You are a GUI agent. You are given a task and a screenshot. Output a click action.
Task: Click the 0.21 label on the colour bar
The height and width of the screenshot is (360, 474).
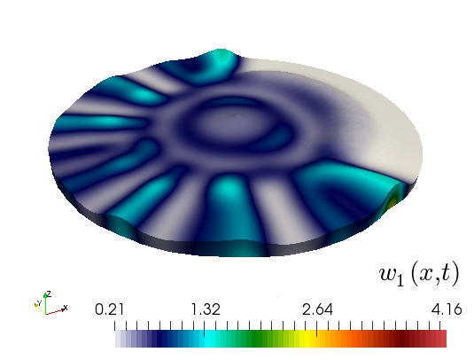tap(109, 309)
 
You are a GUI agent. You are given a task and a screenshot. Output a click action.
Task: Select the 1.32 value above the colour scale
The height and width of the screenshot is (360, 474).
tap(206, 309)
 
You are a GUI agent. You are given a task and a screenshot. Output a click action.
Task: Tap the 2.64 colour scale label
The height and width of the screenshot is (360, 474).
tap(317, 309)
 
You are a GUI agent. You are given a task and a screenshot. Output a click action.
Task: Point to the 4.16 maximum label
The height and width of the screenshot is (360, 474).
tap(447, 309)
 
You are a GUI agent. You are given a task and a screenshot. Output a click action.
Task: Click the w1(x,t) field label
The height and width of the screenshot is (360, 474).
tap(419, 274)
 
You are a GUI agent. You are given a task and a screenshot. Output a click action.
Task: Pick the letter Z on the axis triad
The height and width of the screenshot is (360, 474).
tap(49, 293)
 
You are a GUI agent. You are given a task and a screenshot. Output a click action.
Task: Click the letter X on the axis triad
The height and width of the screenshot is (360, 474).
tap(66, 308)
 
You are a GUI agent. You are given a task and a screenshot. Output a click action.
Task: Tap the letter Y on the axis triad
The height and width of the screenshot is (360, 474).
tap(39, 302)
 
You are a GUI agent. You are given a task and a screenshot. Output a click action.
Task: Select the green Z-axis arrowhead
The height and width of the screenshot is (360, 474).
tap(45, 295)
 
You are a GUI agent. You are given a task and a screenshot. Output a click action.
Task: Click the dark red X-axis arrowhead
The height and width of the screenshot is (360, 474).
tap(63, 309)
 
